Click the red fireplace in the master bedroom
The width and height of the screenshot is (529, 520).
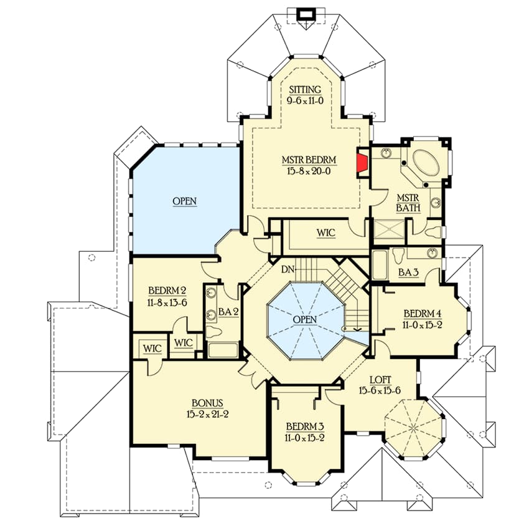[361, 163]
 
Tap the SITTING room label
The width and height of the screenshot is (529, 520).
[304, 90]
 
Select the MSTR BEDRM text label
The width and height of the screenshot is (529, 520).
[304, 160]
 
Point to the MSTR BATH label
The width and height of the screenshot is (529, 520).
[408, 203]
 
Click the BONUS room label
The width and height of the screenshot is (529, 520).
[207, 403]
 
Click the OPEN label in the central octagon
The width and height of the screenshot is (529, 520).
[305, 319]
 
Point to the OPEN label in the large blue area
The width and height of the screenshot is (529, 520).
[185, 201]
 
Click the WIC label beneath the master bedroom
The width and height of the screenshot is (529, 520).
[325, 233]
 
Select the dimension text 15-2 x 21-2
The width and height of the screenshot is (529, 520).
[207, 414]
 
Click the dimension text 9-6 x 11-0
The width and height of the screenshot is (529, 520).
[304, 100]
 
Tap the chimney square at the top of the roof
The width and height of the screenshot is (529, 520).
[305, 14]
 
